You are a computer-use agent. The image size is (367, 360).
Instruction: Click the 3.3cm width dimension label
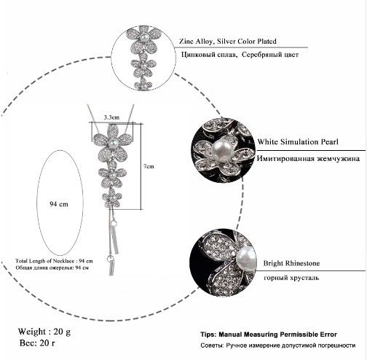[111, 117]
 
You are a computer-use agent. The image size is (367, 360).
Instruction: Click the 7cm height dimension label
[149, 166]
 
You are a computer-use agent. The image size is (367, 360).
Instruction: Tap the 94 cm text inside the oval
[59, 204]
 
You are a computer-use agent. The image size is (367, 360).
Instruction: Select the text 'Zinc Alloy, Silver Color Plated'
[228, 41]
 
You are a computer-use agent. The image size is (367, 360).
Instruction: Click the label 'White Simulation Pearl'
[298, 141]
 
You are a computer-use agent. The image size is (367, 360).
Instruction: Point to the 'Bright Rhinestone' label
[291, 263]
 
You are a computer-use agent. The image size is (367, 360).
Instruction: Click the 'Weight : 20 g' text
[44, 332]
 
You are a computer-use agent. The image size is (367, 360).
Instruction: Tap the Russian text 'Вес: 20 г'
[37, 343]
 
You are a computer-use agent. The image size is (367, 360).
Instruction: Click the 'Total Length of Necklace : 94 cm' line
[54, 261]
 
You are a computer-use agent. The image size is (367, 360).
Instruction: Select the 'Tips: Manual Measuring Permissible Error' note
[269, 334]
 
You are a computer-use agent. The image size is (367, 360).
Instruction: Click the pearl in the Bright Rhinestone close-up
[246, 259]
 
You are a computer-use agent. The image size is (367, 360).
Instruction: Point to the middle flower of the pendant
[112, 175]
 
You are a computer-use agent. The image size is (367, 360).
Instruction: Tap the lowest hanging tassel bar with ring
[111, 265]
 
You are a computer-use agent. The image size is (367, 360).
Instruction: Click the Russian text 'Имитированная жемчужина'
[308, 159]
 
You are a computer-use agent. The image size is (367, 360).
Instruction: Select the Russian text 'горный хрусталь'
[291, 278]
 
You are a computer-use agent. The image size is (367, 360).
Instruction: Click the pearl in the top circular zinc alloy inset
[143, 37]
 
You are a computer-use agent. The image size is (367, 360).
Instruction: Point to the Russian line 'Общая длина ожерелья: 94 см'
[52, 267]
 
